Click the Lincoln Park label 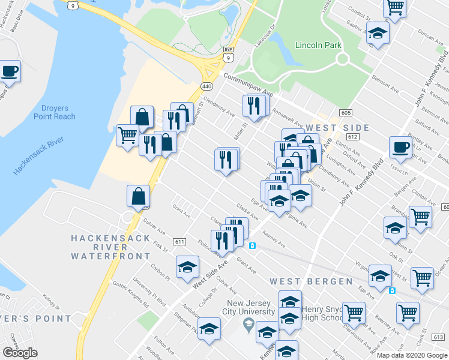click(x=318, y=46)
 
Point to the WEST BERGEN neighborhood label click(x=311, y=281)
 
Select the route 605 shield click(x=345, y=113)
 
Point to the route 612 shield click(x=353, y=137)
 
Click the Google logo click(x=20, y=353)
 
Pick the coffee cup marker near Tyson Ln click(x=401, y=146)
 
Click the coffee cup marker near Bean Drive click(x=10, y=70)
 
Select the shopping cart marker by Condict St click(x=395, y=7)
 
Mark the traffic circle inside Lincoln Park click(x=343, y=59)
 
